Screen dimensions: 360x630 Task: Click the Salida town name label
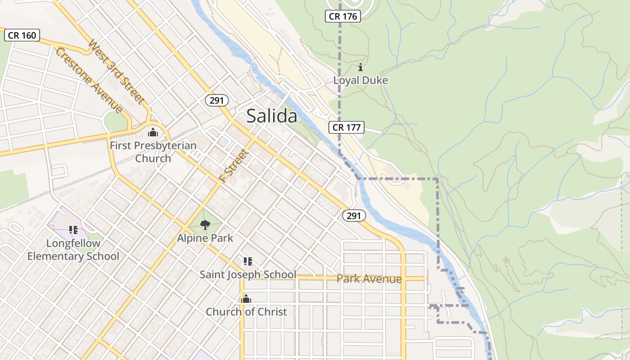[272, 116]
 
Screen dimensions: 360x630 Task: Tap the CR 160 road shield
[22, 35]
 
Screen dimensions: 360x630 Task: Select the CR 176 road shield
[343, 17]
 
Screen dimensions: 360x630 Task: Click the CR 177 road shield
[346, 127]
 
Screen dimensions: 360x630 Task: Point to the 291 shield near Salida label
[216, 100]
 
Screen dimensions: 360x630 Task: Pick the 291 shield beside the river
[354, 216]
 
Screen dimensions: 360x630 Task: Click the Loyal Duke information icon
[360, 67]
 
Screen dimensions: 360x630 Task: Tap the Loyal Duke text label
[360, 80]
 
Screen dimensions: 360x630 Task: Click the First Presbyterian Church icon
[153, 132]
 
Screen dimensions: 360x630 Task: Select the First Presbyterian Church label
[153, 152]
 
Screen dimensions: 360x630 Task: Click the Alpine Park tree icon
[205, 225]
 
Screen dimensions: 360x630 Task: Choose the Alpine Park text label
[205, 238]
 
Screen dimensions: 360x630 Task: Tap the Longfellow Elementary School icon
[73, 230]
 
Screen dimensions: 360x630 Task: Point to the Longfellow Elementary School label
[73, 250]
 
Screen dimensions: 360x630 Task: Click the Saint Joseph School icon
[247, 261]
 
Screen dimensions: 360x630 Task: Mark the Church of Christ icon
[246, 298]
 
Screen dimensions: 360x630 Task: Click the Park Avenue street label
[369, 279]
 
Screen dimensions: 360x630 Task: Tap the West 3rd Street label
[116, 72]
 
